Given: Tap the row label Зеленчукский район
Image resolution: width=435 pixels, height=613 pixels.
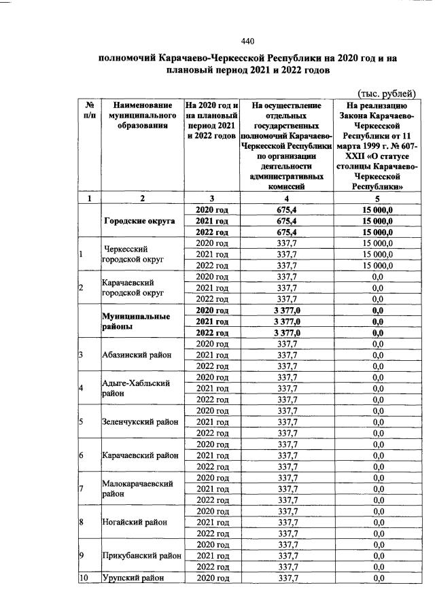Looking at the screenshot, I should [139, 421].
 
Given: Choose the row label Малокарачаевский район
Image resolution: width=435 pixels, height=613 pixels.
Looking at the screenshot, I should [135, 488].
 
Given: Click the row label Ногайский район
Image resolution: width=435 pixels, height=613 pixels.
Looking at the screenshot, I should [133, 522].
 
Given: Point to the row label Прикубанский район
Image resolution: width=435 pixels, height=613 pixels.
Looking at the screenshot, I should [141, 555].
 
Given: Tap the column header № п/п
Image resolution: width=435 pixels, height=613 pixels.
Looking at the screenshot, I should [89, 111].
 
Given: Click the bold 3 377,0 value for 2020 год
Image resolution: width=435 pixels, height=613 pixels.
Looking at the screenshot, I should [286, 310].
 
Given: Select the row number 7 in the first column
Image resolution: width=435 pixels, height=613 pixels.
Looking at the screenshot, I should [81, 489].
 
